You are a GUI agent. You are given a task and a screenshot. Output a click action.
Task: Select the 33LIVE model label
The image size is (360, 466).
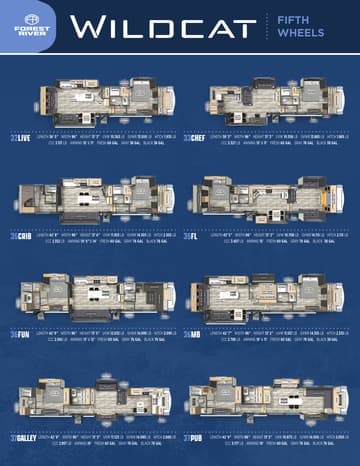21,139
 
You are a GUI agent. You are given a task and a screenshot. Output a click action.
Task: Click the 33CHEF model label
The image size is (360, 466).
195,139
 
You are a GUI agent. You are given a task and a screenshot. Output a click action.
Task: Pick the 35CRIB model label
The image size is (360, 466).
21,237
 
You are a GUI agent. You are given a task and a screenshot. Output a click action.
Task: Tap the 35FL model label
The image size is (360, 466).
190,237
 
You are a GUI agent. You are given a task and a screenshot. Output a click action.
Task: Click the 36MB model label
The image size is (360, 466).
191,336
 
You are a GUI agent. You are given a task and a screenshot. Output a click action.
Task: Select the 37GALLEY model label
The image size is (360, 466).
25,436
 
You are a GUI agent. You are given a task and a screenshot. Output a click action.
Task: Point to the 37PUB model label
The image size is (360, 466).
194,436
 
